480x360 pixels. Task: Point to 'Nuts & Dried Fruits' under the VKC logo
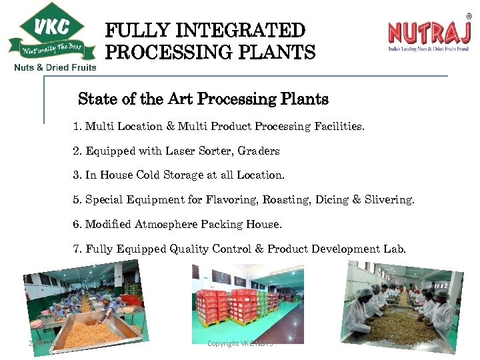pyautogui.click(x=55, y=67)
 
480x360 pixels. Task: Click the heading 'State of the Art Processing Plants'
pyautogui.click(x=203, y=99)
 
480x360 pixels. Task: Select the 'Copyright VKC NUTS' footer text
pyautogui.click(x=240, y=343)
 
